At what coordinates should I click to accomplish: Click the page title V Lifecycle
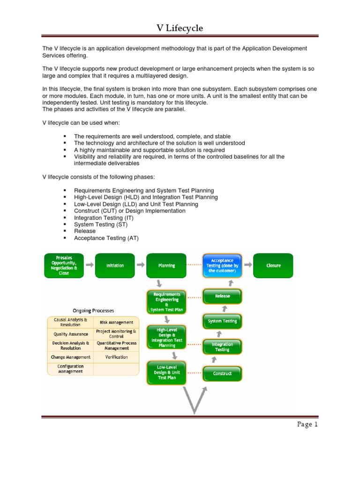point(180,29)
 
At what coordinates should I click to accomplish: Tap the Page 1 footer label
point(307,425)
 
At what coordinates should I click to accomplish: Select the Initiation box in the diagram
point(115,265)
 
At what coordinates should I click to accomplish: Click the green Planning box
point(166,265)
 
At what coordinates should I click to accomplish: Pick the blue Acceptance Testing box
point(222,265)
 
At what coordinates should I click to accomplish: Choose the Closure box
point(273,265)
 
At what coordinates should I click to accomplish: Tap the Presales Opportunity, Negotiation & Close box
point(64,265)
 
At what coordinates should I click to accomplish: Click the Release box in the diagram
point(222,296)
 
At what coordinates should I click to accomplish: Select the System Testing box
point(222,321)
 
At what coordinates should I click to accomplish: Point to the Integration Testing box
point(222,347)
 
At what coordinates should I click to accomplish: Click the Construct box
point(222,374)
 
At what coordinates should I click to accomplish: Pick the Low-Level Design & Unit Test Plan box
point(166,372)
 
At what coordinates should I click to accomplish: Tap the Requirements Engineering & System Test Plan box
point(166,302)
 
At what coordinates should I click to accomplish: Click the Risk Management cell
point(116,322)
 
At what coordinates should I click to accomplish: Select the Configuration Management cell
point(70,369)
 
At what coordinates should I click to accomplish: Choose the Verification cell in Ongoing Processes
point(116,357)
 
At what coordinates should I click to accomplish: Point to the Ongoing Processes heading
point(93,310)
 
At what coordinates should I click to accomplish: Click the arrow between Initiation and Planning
point(141,265)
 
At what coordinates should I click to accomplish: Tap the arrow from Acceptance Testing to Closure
point(248,265)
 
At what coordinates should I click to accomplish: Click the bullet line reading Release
point(85,231)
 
